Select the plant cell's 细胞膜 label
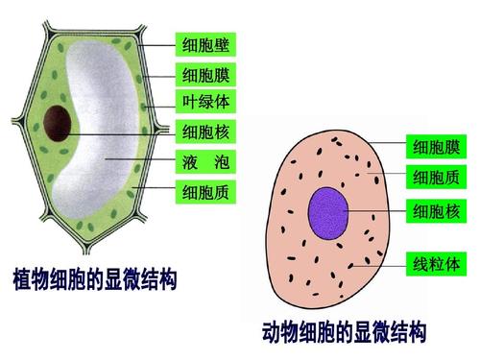pyautogui.click(x=204, y=74)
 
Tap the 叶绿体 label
pyautogui.click(x=204, y=102)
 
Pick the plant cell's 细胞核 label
pyautogui.click(x=204, y=132)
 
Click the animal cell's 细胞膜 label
pyautogui.click(x=437, y=146)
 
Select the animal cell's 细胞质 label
pyautogui.click(x=437, y=177)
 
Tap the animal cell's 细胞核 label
pyautogui.click(x=437, y=209)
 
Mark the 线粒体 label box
pyautogui.click(x=437, y=262)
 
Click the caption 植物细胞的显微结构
pyautogui.click(x=94, y=280)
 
